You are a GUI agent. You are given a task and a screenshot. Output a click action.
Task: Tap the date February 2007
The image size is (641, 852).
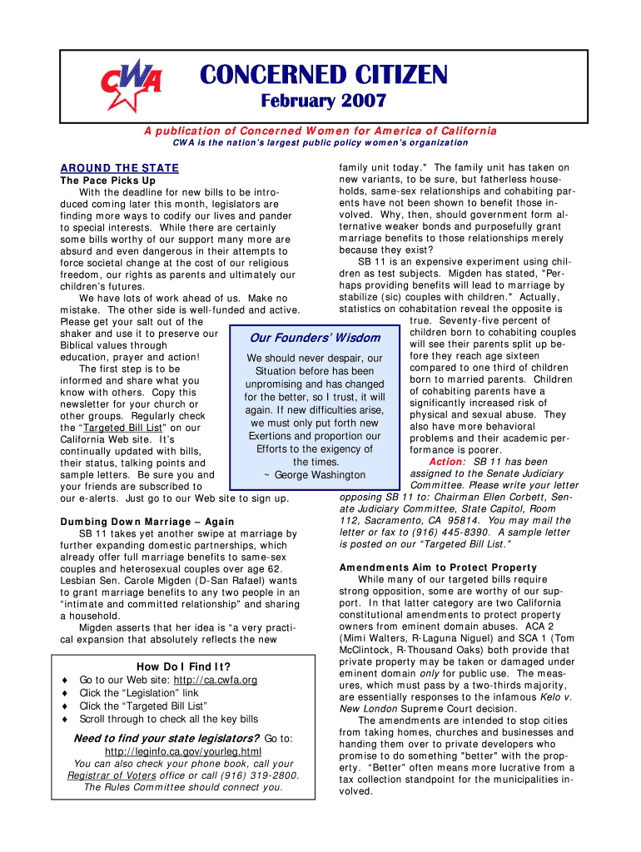tap(324, 102)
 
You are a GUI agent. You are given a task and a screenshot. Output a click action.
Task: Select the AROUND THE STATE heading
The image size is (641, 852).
tap(121, 168)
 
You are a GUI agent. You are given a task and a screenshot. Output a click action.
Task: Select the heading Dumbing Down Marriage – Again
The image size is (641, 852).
tap(147, 523)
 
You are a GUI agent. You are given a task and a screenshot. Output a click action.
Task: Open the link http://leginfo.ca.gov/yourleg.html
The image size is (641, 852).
tap(182, 751)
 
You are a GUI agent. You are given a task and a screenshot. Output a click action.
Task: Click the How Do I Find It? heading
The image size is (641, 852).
tap(183, 666)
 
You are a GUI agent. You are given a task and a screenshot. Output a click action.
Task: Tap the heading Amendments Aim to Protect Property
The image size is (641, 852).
tap(438, 567)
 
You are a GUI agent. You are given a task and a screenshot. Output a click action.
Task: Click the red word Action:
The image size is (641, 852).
tap(449, 462)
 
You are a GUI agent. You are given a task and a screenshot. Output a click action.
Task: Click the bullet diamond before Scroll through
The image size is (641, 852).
tap(65, 719)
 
